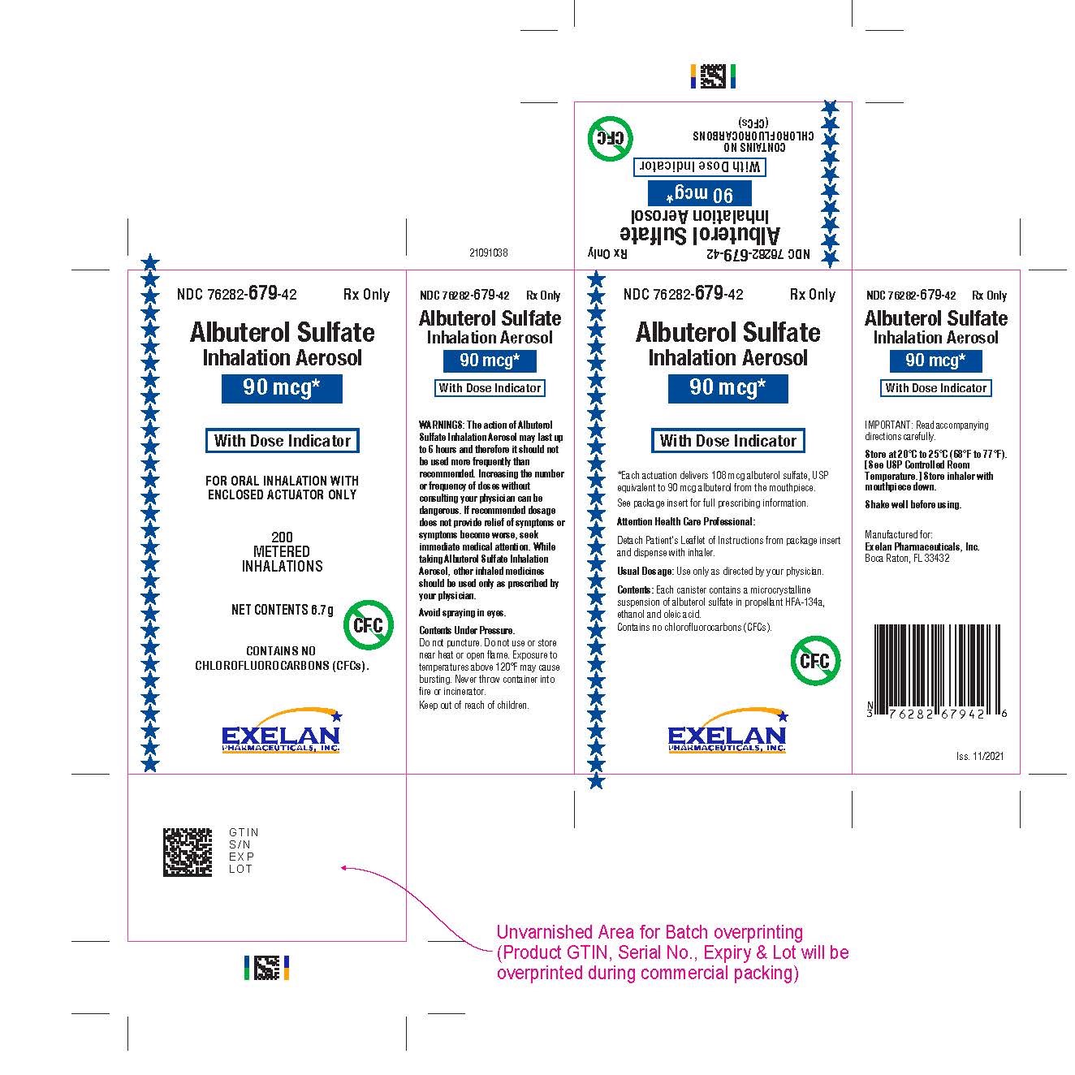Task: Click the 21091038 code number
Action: tap(488, 253)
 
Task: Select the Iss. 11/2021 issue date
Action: tap(980, 756)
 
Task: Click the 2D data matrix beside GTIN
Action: tap(188, 852)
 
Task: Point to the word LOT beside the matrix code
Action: tap(240, 869)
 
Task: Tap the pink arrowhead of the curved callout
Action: tap(344, 867)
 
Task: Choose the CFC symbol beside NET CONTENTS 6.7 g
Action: tap(368, 625)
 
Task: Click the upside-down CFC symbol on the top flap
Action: tap(611, 138)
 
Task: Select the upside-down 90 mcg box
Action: tap(699, 193)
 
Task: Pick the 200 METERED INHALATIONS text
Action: tap(282, 551)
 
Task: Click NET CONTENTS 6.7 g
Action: tap(283, 610)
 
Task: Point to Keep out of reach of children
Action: tap(473, 705)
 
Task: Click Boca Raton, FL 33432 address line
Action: tap(907, 558)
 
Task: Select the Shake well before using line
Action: tap(913, 504)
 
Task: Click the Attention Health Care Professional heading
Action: tap(685, 521)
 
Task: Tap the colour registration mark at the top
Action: tap(713, 76)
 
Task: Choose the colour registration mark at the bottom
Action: tap(266, 968)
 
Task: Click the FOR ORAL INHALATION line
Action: tap(282, 481)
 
